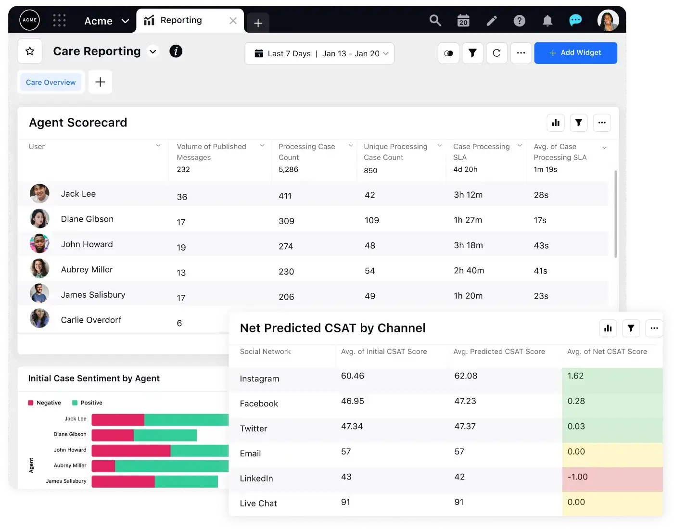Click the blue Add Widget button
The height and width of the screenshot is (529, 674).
pyautogui.click(x=575, y=53)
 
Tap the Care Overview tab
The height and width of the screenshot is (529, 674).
pyautogui.click(x=51, y=82)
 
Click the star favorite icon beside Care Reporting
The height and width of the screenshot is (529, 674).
pyautogui.click(x=30, y=51)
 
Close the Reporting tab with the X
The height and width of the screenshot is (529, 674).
pyautogui.click(x=233, y=21)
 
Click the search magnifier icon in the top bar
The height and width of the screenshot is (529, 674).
pyautogui.click(x=435, y=21)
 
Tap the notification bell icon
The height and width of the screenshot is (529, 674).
pyautogui.click(x=547, y=21)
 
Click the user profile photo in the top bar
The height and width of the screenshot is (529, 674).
pyautogui.click(x=608, y=21)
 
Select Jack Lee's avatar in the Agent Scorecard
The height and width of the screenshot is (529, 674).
pyautogui.click(x=39, y=194)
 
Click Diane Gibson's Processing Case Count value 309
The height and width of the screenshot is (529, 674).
pyautogui.click(x=286, y=221)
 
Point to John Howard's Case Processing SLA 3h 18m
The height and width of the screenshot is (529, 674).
pyautogui.click(x=468, y=245)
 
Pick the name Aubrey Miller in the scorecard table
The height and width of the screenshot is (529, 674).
pyautogui.click(x=87, y=270)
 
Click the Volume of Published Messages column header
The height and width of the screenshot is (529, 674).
pyautogui.click(x=211, y=152)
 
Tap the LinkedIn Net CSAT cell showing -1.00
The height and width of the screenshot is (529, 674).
pyautogui.click(x=577, y=477)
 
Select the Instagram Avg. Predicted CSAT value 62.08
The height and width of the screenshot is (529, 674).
pyautogui.click(x=466, y=376)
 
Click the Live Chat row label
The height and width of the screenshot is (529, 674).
pyautogui.click(x=258, y=504)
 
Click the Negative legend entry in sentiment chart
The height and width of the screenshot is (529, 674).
pyautogui.click(x=45, y=403)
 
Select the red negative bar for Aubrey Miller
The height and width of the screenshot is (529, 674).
pyautogui.click(x=103, y=466)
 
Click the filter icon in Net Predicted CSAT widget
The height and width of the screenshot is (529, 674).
pyautogui.click(x=631, y=328)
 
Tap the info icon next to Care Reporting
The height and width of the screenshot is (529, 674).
pyautogui.click(x=176, y=51)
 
